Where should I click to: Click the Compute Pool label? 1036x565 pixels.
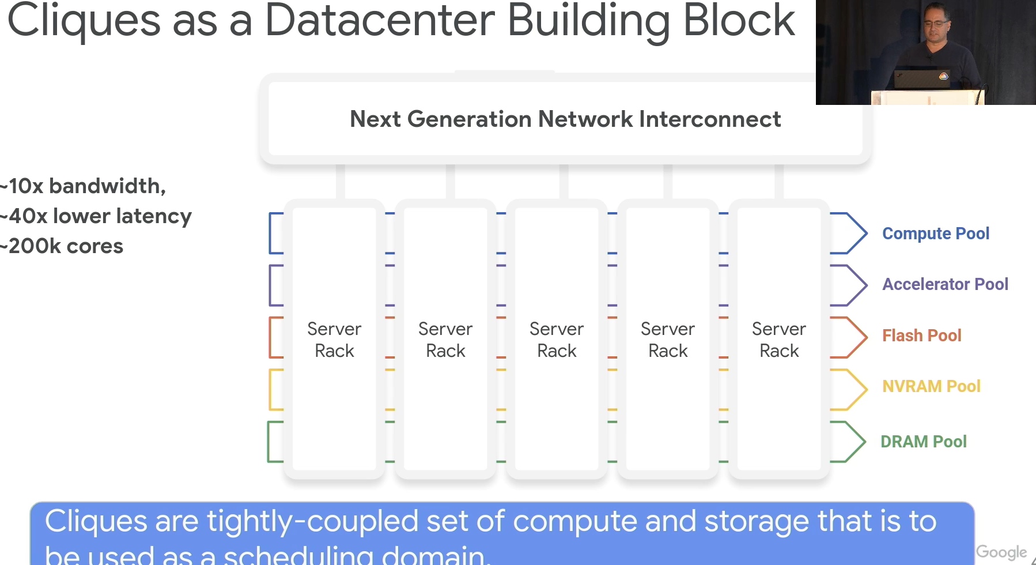pos(936,233)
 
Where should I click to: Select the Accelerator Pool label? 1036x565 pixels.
pos(946,284)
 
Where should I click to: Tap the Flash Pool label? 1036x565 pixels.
pos(922,336)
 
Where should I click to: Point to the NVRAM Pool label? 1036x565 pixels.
pos(931,386)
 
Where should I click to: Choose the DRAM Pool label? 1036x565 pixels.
pos(924,442)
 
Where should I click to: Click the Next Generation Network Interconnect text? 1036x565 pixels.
pos(565,119)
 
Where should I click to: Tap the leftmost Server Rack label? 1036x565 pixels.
pos(334,340)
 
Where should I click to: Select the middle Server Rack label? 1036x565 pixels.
pos(557,340)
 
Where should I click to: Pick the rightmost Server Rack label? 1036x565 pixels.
pos(779,340)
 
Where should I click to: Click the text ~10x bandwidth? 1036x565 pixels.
pos(83,186)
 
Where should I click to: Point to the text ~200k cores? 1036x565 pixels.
pos(62,246)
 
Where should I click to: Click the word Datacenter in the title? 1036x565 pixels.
pos(380,21)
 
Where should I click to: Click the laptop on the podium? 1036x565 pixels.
pos(922,79)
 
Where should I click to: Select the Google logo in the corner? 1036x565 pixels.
pos(1001,552)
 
